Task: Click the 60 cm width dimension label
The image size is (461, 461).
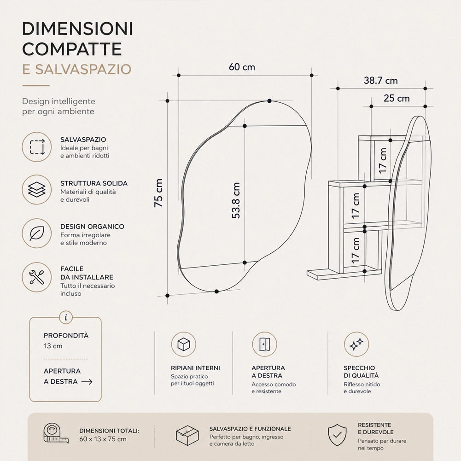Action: pos(242,67)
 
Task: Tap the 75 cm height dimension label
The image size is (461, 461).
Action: pos(158,193)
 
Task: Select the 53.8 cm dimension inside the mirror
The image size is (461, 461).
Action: pos(236,200)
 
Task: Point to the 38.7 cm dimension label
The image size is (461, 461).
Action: pos(380,81)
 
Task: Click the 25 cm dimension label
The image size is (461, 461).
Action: pos(397,98)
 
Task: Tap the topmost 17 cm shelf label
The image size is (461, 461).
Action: pos(383,161)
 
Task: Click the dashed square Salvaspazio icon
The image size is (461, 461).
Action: pos(37,147)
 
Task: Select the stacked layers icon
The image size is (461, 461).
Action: pos(37,190)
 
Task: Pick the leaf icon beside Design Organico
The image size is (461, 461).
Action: pos(37,233)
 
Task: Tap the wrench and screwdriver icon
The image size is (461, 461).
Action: pos(37,277)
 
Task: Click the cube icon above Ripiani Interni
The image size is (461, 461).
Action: pos(184,344)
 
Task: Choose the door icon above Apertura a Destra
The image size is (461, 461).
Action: pos(265,344)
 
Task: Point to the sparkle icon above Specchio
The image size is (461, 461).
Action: pos(356,344)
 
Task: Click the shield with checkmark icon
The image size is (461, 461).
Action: pos(337,435)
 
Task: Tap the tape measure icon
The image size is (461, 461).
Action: pos(56,433)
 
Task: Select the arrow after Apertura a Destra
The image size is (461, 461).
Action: pos(87,382)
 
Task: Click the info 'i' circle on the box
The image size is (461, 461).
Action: pos(66,317)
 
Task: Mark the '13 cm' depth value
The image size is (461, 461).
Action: pos(53,346)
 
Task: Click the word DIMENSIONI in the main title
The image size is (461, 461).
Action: pos(78,29)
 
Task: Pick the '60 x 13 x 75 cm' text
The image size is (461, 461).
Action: pos(103,439)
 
